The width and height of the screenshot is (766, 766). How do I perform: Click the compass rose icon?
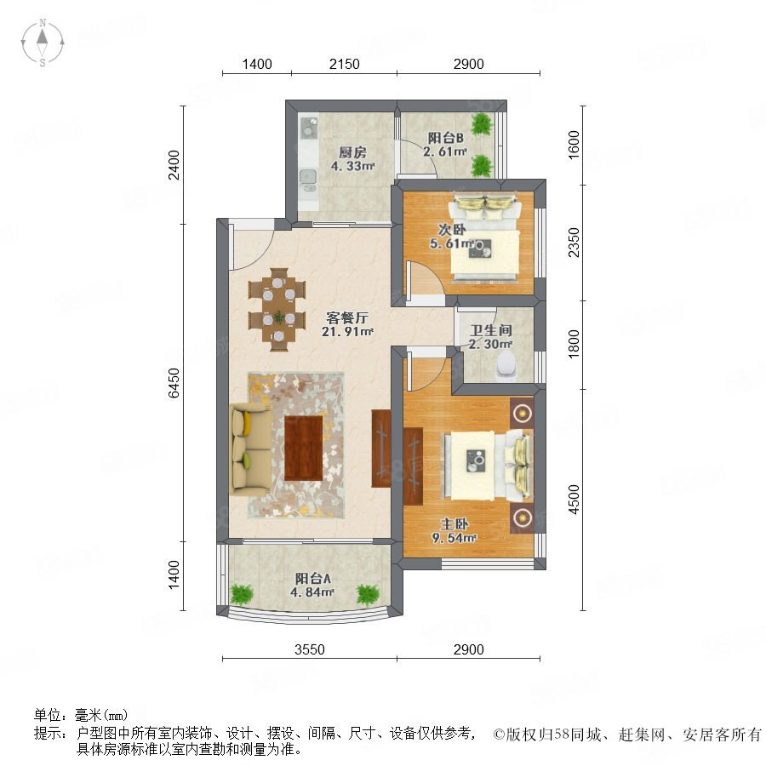43,43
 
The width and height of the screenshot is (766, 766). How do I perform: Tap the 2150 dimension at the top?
345,64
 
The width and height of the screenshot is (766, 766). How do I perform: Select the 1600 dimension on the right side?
574,144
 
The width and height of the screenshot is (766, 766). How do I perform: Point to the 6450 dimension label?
174,382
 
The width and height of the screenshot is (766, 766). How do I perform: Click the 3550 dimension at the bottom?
310,649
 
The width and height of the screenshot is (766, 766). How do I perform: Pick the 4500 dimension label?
574,500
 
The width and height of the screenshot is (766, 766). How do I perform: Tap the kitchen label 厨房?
352,152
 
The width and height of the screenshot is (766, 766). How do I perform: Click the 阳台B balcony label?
445,138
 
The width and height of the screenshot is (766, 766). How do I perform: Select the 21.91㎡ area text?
347,332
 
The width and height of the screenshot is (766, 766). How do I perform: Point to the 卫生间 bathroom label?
490,330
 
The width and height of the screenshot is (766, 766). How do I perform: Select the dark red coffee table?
303,447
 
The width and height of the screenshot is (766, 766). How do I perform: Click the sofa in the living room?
250,449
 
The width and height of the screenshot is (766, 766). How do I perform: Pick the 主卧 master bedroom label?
454,524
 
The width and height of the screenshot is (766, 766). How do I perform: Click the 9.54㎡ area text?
454,539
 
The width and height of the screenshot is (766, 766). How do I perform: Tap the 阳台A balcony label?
312,579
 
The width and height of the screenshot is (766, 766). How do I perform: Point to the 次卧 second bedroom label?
451,229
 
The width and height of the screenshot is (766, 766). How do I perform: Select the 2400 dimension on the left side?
174,165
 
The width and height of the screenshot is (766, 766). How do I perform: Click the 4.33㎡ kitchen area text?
352,166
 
